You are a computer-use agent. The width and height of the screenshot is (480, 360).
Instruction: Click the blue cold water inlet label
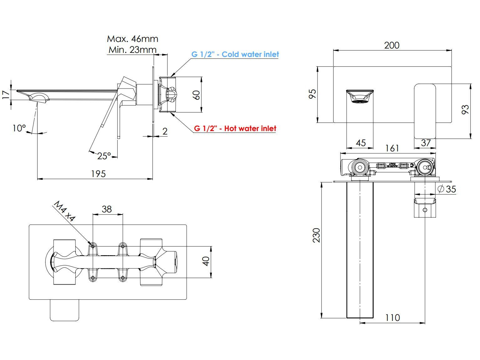235,54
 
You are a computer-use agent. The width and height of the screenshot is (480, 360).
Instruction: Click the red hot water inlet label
235,129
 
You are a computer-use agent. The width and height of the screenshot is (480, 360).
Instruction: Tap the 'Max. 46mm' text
132,39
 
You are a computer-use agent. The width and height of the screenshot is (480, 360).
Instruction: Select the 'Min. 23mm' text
132,49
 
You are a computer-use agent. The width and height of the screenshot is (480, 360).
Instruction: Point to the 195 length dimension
98,174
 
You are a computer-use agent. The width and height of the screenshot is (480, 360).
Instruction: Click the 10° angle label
19,128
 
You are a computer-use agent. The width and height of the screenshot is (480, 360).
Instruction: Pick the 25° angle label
104,156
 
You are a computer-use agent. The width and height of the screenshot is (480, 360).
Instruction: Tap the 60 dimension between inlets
196,95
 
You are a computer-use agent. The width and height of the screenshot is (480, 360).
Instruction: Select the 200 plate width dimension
392,45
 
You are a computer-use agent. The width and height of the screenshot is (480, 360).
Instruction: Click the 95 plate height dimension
313,94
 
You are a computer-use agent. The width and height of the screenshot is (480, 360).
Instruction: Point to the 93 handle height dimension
465,109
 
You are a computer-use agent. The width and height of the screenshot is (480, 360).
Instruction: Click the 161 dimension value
392,148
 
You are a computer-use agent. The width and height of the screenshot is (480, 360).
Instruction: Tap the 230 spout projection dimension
316,235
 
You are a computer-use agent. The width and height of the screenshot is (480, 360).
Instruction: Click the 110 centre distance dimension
392,318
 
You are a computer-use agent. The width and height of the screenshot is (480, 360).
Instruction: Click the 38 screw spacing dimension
107,209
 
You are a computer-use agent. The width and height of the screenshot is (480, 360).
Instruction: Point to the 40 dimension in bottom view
206,261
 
